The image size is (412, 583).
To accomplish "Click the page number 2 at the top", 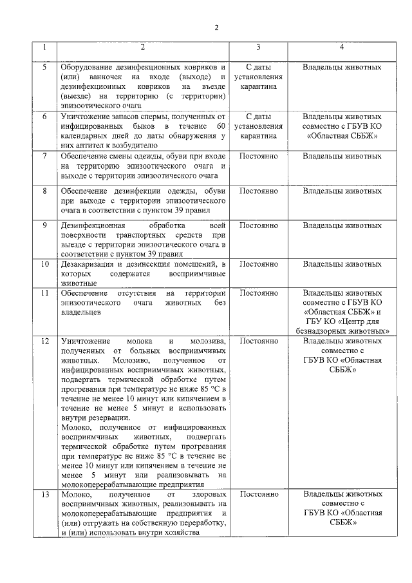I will tap(216, 27).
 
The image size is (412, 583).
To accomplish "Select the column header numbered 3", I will tap(258, 48).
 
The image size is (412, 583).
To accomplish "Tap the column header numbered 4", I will tap(342, 48).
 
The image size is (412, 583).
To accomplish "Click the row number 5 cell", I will tap(44, 67).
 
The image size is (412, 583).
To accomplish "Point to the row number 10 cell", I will tap(44, 264).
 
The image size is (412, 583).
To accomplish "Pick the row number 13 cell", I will tap(44, 494).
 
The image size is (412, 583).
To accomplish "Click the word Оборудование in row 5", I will tap(87, 67).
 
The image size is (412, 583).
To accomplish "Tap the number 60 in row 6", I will tap(221, 126).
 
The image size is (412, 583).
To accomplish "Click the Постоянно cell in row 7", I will tap(258, 157).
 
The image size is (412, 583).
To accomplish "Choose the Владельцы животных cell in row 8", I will tap(342, 191).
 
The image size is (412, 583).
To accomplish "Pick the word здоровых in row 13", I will tap(210, 494).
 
